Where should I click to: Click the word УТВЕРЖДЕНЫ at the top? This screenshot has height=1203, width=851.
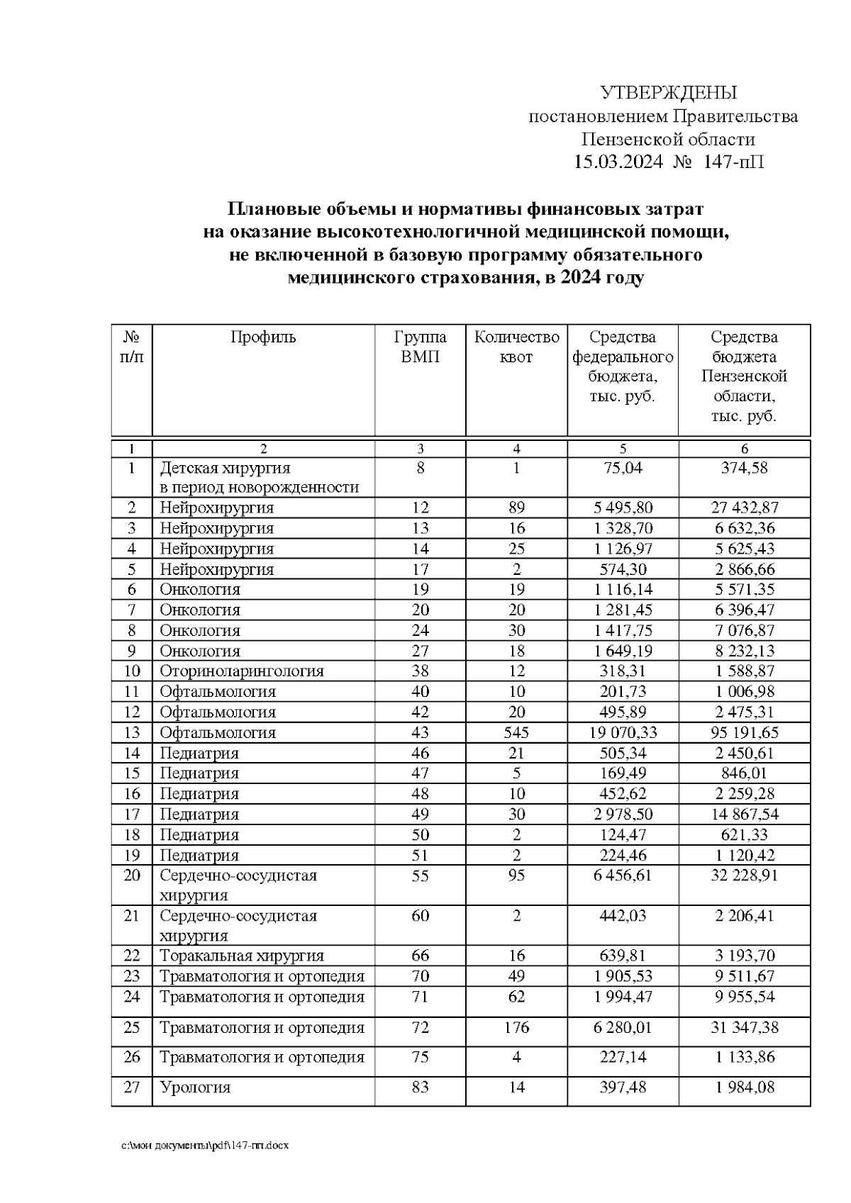click(668, 93)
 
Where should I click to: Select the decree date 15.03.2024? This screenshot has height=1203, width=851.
click(618, 162)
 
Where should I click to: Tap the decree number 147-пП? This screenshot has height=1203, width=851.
click(733, 162)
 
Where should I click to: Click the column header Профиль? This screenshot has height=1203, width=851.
click(263, 337)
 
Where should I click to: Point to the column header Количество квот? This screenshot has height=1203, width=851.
click(516, 347)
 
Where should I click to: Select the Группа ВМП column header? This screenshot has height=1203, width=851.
click(420, 347)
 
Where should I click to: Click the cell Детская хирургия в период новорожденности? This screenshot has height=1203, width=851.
click(260, 478)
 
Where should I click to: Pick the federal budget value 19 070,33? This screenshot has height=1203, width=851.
click(623, 732)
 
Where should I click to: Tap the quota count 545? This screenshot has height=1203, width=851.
click(516, 732)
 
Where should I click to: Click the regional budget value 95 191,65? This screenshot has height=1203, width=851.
click(744, 732)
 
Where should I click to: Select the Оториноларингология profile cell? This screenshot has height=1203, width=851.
click(242, 671)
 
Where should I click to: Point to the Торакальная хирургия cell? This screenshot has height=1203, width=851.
click(242, 956)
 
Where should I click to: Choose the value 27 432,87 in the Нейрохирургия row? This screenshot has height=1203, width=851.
click(744, 508)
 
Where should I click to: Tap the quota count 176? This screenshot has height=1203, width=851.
click(516, 1027)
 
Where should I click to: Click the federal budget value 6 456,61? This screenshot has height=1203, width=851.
click(623, 875)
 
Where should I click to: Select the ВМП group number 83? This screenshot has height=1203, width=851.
click(420, 1087)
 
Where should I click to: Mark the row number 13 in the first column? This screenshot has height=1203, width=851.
click(132, 732)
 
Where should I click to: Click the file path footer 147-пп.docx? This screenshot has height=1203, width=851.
click(205, 1146)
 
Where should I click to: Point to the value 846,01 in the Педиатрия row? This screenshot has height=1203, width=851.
click(744, 773)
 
